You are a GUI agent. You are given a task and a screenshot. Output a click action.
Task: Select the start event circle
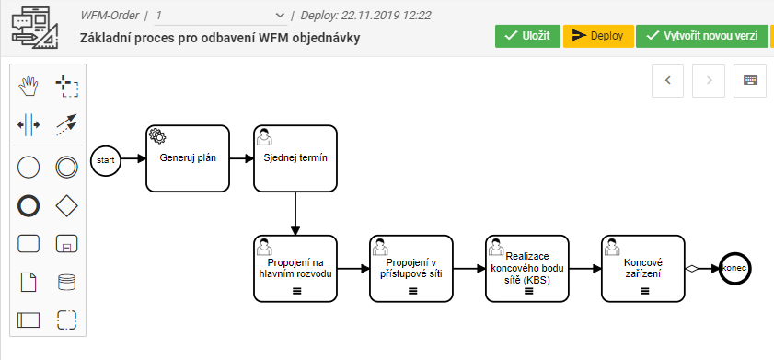coord(106,159)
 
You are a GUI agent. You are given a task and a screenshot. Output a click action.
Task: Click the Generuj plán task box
coord(188,158)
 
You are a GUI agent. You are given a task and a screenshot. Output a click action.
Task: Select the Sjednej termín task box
coord(295,158)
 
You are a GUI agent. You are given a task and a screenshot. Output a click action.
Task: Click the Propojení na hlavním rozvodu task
coord(295,268)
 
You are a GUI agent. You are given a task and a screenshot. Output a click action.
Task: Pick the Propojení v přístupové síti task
coord(411,268)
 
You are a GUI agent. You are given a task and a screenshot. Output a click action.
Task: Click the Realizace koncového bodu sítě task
coord(527,268)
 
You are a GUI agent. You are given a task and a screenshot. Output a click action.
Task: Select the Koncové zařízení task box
coord(643,268)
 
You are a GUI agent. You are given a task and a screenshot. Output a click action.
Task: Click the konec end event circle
coord(735,268)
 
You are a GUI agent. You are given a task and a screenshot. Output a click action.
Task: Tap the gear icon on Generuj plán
coord(156,136)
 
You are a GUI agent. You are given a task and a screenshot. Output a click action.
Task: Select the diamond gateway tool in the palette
coord(66,204)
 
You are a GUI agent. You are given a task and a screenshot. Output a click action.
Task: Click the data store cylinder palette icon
coord(66,282)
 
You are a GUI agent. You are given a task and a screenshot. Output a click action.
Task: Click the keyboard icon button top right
coord(750,80)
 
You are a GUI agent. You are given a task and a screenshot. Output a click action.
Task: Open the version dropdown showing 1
coord(220,16)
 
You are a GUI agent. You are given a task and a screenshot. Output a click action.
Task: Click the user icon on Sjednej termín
coord(264,136)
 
